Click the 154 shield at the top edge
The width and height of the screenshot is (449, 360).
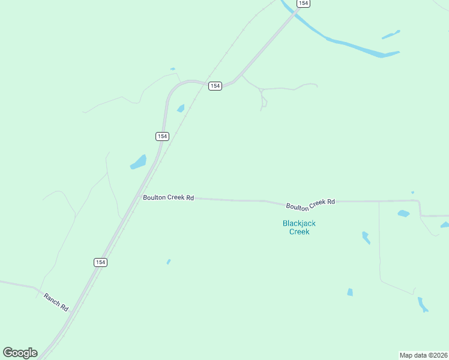click(303, 4)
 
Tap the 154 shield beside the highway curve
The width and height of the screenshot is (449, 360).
click(215, 86)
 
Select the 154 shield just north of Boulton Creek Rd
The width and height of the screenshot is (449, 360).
click(162, 136)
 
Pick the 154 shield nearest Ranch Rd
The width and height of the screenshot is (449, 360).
click(100, 262)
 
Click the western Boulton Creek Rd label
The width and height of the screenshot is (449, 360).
click(168, 197)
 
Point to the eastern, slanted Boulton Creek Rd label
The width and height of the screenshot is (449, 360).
click(310, 205)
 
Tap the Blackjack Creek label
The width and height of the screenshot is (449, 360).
click(299, 227)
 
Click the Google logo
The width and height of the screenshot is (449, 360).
click(20, 353)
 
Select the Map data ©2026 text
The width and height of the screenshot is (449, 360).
click(423, 355)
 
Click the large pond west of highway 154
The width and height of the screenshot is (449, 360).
click(139, 162)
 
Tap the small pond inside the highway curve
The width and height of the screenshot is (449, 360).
click(181, 109)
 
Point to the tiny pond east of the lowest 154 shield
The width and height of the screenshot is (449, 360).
click(169, 262)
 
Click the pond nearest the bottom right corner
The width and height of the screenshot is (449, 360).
click(423, 304)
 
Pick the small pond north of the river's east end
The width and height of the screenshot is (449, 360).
click(391, 34)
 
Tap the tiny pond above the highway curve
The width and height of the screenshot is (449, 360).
click(173, 69)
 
